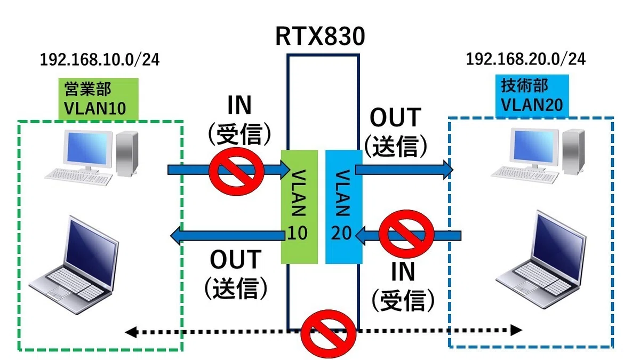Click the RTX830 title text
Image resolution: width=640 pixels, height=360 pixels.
point(320,36)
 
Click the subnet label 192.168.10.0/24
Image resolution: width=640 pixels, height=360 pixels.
point(100,60)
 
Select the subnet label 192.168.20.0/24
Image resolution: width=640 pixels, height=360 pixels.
point(526,59)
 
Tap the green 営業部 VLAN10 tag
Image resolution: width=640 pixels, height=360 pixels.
point(99,99)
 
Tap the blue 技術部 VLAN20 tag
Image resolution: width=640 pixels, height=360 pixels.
point(532,95)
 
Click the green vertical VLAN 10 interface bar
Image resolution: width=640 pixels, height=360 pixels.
point(299,207)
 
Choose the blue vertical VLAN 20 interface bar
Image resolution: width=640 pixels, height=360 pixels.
point(344,207)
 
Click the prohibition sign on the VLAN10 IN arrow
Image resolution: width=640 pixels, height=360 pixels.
point(237,171)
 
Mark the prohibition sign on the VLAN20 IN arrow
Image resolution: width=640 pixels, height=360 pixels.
point(406,234)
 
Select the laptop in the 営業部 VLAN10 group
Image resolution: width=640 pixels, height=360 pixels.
point(74,265)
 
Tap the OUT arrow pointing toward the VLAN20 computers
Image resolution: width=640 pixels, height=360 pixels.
point(404,170)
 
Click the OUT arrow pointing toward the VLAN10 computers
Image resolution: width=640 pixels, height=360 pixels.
point(227,236)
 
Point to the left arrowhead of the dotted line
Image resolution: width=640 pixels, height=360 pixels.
point(131,332)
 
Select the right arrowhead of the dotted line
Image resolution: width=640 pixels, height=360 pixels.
point(516,330)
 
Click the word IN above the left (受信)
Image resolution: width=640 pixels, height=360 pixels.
point(239,105)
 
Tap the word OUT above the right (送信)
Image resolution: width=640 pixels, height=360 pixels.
point(396,117)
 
